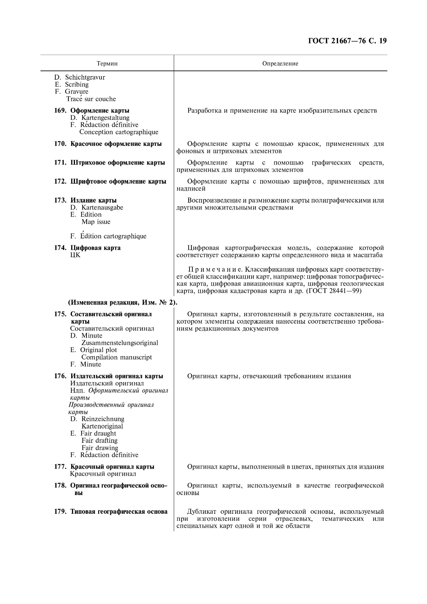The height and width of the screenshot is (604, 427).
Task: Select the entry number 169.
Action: [x=60, y=111]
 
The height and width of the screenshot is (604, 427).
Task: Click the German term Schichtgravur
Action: [x=85, y=77]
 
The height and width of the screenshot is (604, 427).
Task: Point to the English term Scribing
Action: [x=77, y=84]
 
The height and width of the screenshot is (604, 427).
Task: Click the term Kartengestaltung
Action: [x=105, y=118]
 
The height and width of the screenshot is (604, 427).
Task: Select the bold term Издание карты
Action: [x=93, y=200]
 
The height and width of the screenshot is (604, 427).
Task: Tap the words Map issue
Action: [x=96, y=222]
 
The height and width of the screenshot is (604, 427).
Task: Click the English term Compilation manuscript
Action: [x=117, y=357]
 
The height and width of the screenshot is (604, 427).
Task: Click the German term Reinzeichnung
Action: [x=103, y=419]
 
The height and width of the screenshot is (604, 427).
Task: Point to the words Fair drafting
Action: [x=99, y=440]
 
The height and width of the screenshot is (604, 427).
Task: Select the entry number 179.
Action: [x=60, y=512]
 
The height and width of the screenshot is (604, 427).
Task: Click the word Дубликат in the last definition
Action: [x=202, y=512]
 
